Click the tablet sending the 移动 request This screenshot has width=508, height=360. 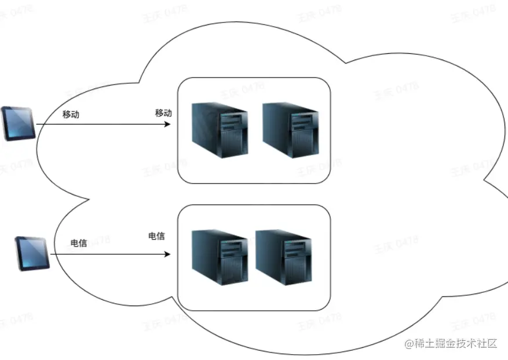[x=18, y=123]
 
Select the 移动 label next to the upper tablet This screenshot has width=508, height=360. [x=71, y=115]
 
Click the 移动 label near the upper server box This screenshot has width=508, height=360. [x=163, y=113]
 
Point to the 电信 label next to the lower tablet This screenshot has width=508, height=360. [x=79, y=244]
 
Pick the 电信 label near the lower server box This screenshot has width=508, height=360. [x=156, y=236]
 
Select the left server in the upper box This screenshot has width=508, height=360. [x=220, y=130]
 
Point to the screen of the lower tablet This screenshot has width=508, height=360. [x=30, y=251]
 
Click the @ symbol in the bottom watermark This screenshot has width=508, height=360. [x=409, y=344]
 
